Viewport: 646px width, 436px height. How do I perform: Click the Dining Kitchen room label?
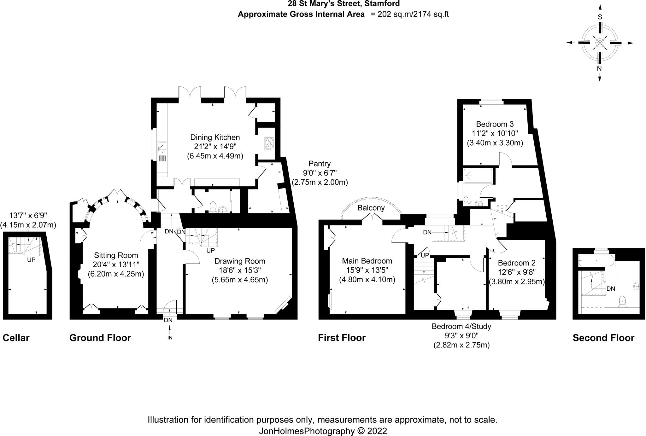(215, 137)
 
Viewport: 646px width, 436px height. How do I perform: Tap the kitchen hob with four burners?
(269, 143)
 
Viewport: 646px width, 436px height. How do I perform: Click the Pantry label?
(320, 164)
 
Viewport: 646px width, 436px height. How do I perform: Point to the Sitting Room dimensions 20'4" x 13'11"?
(116, 265)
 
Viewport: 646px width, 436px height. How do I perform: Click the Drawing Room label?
(240, 261)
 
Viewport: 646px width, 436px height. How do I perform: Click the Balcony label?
(371, 208)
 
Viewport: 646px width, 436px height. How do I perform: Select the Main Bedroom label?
(367, 261)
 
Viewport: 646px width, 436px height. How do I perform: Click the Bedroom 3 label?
(495, 124)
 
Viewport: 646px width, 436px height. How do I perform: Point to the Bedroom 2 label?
(516, 263)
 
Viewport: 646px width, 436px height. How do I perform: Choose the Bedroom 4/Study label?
(461, 326)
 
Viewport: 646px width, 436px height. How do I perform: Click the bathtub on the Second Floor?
(596, 261)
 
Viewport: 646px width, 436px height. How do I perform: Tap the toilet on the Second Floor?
(623, 301)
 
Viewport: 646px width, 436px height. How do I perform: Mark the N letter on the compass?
(599, 69)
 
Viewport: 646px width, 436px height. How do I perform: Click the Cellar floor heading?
(16, 338)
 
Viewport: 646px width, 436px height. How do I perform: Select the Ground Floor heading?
(100, 338)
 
